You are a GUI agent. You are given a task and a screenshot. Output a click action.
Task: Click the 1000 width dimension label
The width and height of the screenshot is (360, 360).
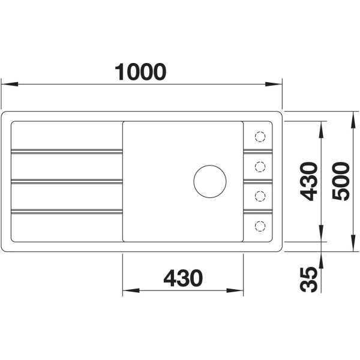[x=140, y=72]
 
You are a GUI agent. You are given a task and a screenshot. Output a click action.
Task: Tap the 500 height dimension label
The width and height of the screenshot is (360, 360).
[x=341, y=181]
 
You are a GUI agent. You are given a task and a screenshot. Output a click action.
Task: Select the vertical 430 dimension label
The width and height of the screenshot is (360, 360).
[x=309, y=181]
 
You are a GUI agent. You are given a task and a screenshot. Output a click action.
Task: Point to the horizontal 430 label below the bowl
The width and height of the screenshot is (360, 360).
[x=183, y=278]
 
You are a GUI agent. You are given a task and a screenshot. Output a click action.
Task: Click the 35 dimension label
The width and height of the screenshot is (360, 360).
[x=309, y=280]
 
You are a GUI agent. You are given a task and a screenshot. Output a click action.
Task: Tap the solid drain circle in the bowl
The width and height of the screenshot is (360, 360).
[x=210, y=181]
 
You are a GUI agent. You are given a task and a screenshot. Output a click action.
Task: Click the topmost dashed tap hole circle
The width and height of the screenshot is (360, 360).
[x=260, y=137]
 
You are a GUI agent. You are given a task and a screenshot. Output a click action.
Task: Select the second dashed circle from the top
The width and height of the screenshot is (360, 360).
[x=260, y=166]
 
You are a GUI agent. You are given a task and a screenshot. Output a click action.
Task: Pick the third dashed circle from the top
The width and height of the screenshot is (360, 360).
[x=260, y=196]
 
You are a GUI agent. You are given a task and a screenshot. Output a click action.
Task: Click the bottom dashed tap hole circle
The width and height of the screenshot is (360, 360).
[x=260, y=226]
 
